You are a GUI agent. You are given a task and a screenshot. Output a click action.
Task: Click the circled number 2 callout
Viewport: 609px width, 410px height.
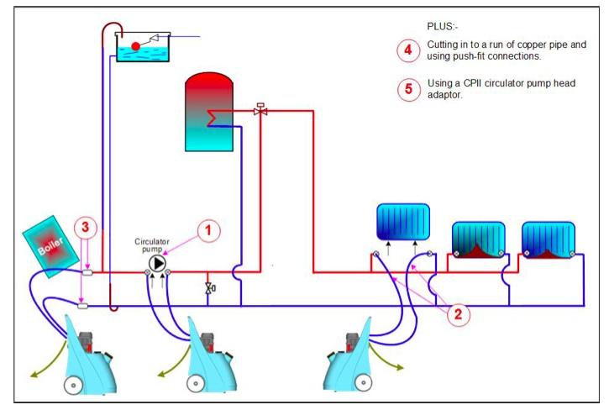[x=457, y=314]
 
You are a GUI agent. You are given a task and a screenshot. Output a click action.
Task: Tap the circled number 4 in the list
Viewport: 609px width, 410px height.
[x=408, y=50]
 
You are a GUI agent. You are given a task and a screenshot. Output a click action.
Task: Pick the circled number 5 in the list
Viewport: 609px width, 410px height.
[x=408, y=89]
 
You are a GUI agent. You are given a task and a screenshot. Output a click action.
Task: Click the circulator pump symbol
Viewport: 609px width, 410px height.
[x=157, y=263]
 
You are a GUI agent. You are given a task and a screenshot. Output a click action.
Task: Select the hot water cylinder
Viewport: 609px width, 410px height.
[x=207, y=112]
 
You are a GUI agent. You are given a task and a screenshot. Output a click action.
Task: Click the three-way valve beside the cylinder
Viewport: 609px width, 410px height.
[x=260, y=110]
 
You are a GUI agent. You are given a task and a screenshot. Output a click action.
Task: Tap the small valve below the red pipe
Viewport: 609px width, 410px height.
[x=208, y=289]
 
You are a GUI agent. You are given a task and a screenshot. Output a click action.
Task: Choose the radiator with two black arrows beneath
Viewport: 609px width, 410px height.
[x=402, y=223]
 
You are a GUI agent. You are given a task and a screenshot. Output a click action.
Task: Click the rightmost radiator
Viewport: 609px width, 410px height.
[x=548, y=239]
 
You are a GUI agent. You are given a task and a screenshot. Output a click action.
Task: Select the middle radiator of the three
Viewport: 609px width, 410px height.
[x=478, y=239]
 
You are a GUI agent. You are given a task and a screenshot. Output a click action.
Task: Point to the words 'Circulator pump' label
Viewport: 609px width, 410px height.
[x=152, y=244]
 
